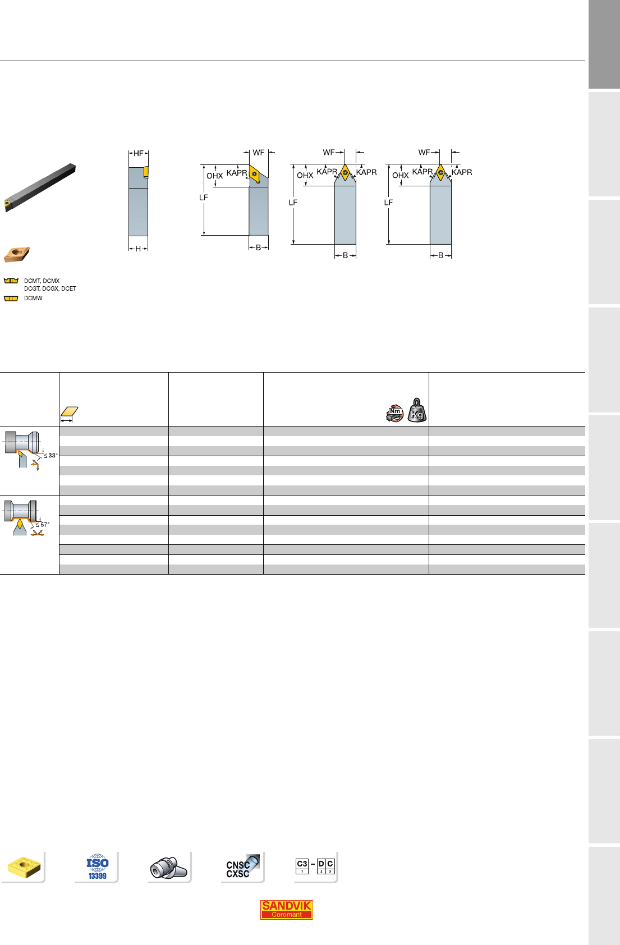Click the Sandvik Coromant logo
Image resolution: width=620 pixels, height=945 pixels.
pyautogui.click(x=286, y=910)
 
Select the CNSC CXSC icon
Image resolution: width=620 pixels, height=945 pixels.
pyautogui.click(x=242, y=866)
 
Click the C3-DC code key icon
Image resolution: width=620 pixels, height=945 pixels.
pyautogui.click(x=315, y=866)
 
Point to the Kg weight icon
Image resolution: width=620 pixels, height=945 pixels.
pyautogui.click(x=417, y=410)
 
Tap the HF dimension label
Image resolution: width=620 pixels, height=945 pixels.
pyautogui.click(x=139, y=154)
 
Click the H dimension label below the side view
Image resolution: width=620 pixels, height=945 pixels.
pyautogui.click(x=138, y=249)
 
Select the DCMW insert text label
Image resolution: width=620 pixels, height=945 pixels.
pyautogui.click(x=33, y=299)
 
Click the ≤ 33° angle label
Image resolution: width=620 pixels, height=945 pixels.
pyautogui.click(x=51, y=456)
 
